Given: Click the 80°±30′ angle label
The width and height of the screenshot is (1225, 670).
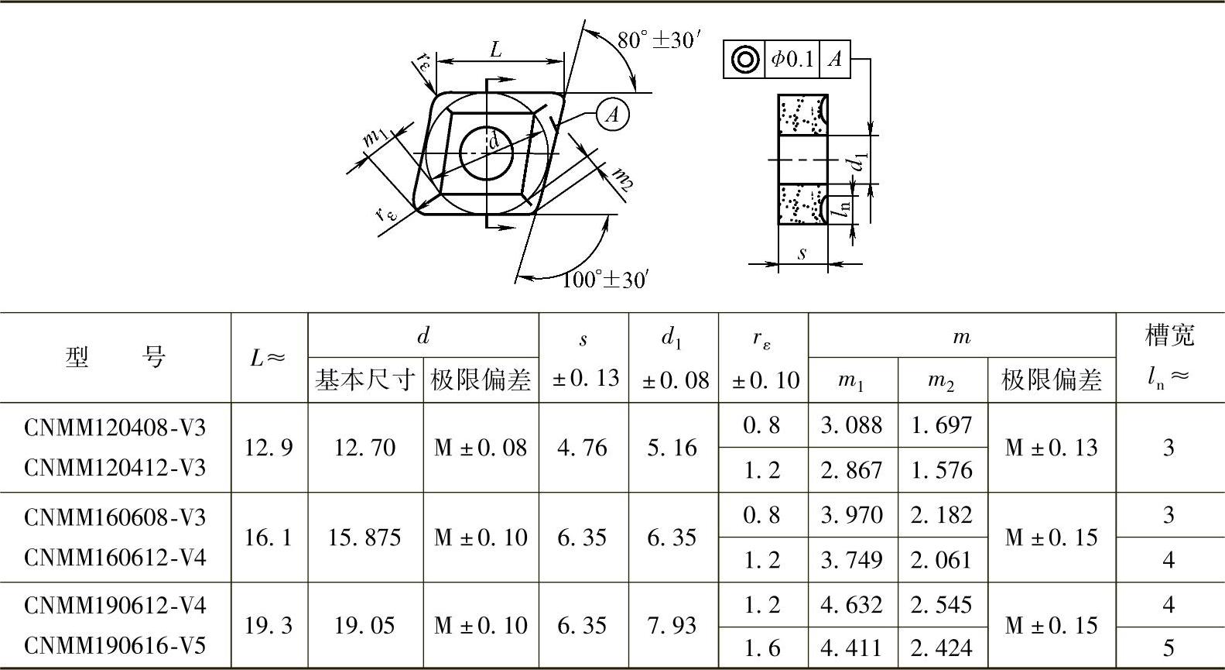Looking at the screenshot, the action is point(659,40).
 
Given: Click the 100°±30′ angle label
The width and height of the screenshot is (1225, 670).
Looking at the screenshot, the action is point(605,279).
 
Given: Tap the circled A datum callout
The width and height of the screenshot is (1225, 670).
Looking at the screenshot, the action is point(613,114).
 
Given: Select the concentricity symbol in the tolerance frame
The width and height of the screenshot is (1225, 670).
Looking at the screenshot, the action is point(745,59).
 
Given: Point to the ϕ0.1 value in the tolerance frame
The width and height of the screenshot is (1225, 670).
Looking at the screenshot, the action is point(792,59).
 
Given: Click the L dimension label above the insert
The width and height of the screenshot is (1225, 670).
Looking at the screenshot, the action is point(495,50).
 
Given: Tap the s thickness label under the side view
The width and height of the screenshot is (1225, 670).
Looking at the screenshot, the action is point(802,253).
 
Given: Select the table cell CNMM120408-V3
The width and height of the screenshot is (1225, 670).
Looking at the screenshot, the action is point(115,427).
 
